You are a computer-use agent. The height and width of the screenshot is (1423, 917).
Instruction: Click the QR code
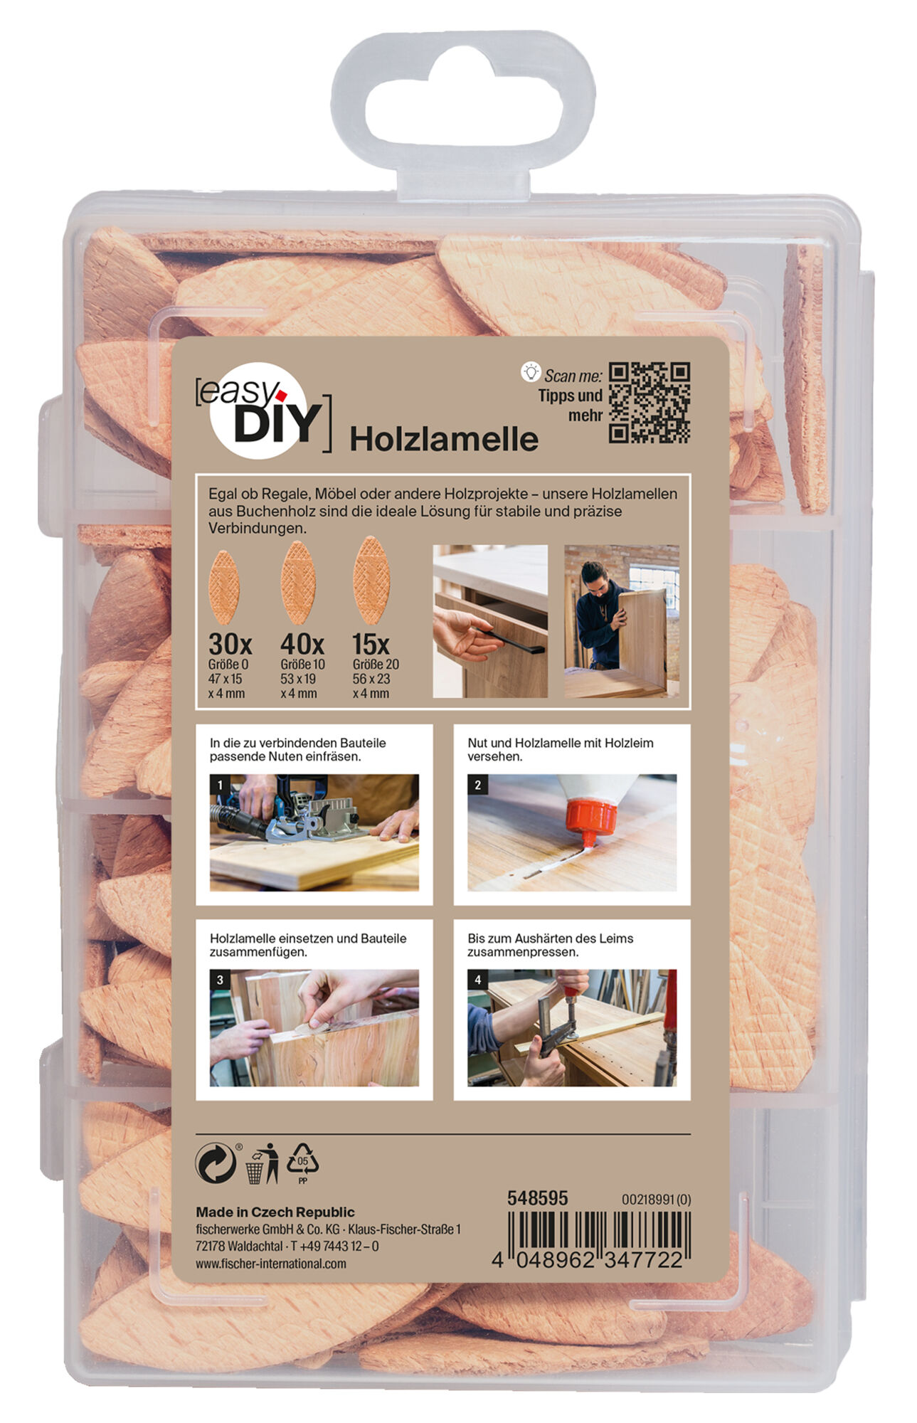point(649,403)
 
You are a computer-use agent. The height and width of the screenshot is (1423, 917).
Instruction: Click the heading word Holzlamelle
point(443,439)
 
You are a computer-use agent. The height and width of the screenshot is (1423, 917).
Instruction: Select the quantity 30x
point(230,645)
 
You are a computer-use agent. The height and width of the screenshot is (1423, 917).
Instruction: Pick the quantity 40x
point(302,645)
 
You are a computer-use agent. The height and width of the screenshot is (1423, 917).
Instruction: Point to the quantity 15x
point(371,645)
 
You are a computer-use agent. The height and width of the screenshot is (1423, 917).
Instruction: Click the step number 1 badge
point(220,785)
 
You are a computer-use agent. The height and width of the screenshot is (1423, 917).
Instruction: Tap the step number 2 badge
point(478,785)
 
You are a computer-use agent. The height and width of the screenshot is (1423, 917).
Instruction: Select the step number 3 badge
point(220,980)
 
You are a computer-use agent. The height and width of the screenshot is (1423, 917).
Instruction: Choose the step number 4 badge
point(478,980)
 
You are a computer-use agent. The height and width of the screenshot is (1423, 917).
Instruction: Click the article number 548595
point(537,1199)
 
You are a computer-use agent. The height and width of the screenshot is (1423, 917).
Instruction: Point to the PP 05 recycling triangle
point(302,1163)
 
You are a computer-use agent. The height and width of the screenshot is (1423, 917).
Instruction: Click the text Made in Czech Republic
point(275,1212)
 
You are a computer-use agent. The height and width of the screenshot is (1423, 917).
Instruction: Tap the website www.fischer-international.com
point(270,1264)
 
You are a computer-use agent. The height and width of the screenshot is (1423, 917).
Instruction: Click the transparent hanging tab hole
point(462,102)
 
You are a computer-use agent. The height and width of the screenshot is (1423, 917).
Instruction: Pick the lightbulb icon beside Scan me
point(531,371)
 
